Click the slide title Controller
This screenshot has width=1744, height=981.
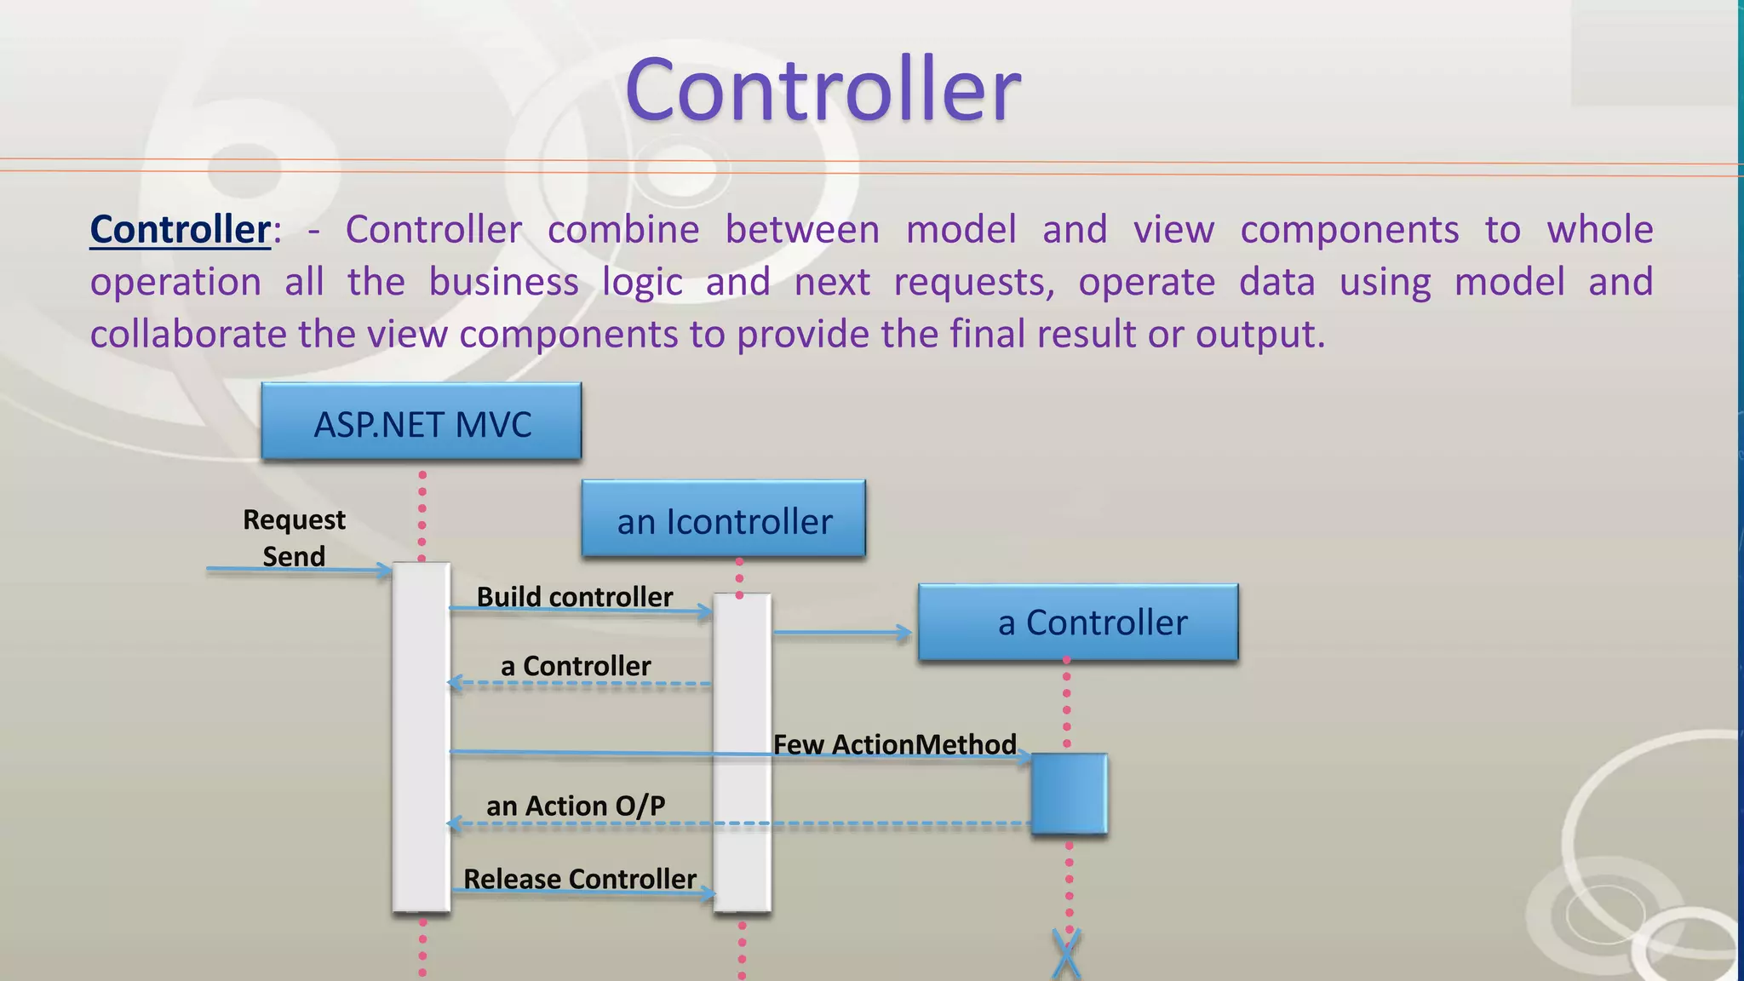point(823,89)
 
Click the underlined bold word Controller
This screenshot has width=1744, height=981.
point(181,230)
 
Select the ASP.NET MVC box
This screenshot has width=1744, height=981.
point(422,423)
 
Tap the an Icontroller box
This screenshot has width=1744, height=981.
point(724,520)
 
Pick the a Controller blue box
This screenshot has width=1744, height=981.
point(1078,622)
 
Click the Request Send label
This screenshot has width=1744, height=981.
point(294,537)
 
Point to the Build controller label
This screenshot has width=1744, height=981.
point(575,596)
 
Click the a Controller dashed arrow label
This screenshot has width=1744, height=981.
point(576,665)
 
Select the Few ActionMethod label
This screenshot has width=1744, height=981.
point(894,743)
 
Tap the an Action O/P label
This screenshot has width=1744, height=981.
point(576,805)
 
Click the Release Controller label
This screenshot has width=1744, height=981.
point(580,878)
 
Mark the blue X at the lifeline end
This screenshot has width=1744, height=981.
point(1066,954)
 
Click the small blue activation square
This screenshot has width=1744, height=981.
point(1069,793)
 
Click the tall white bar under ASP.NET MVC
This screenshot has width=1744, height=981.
point(422,737)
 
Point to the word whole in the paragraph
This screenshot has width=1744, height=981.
point(1599,230)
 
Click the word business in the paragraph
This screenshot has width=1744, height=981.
point(503,282)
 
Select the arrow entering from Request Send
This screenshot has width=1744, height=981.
point(298,570)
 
